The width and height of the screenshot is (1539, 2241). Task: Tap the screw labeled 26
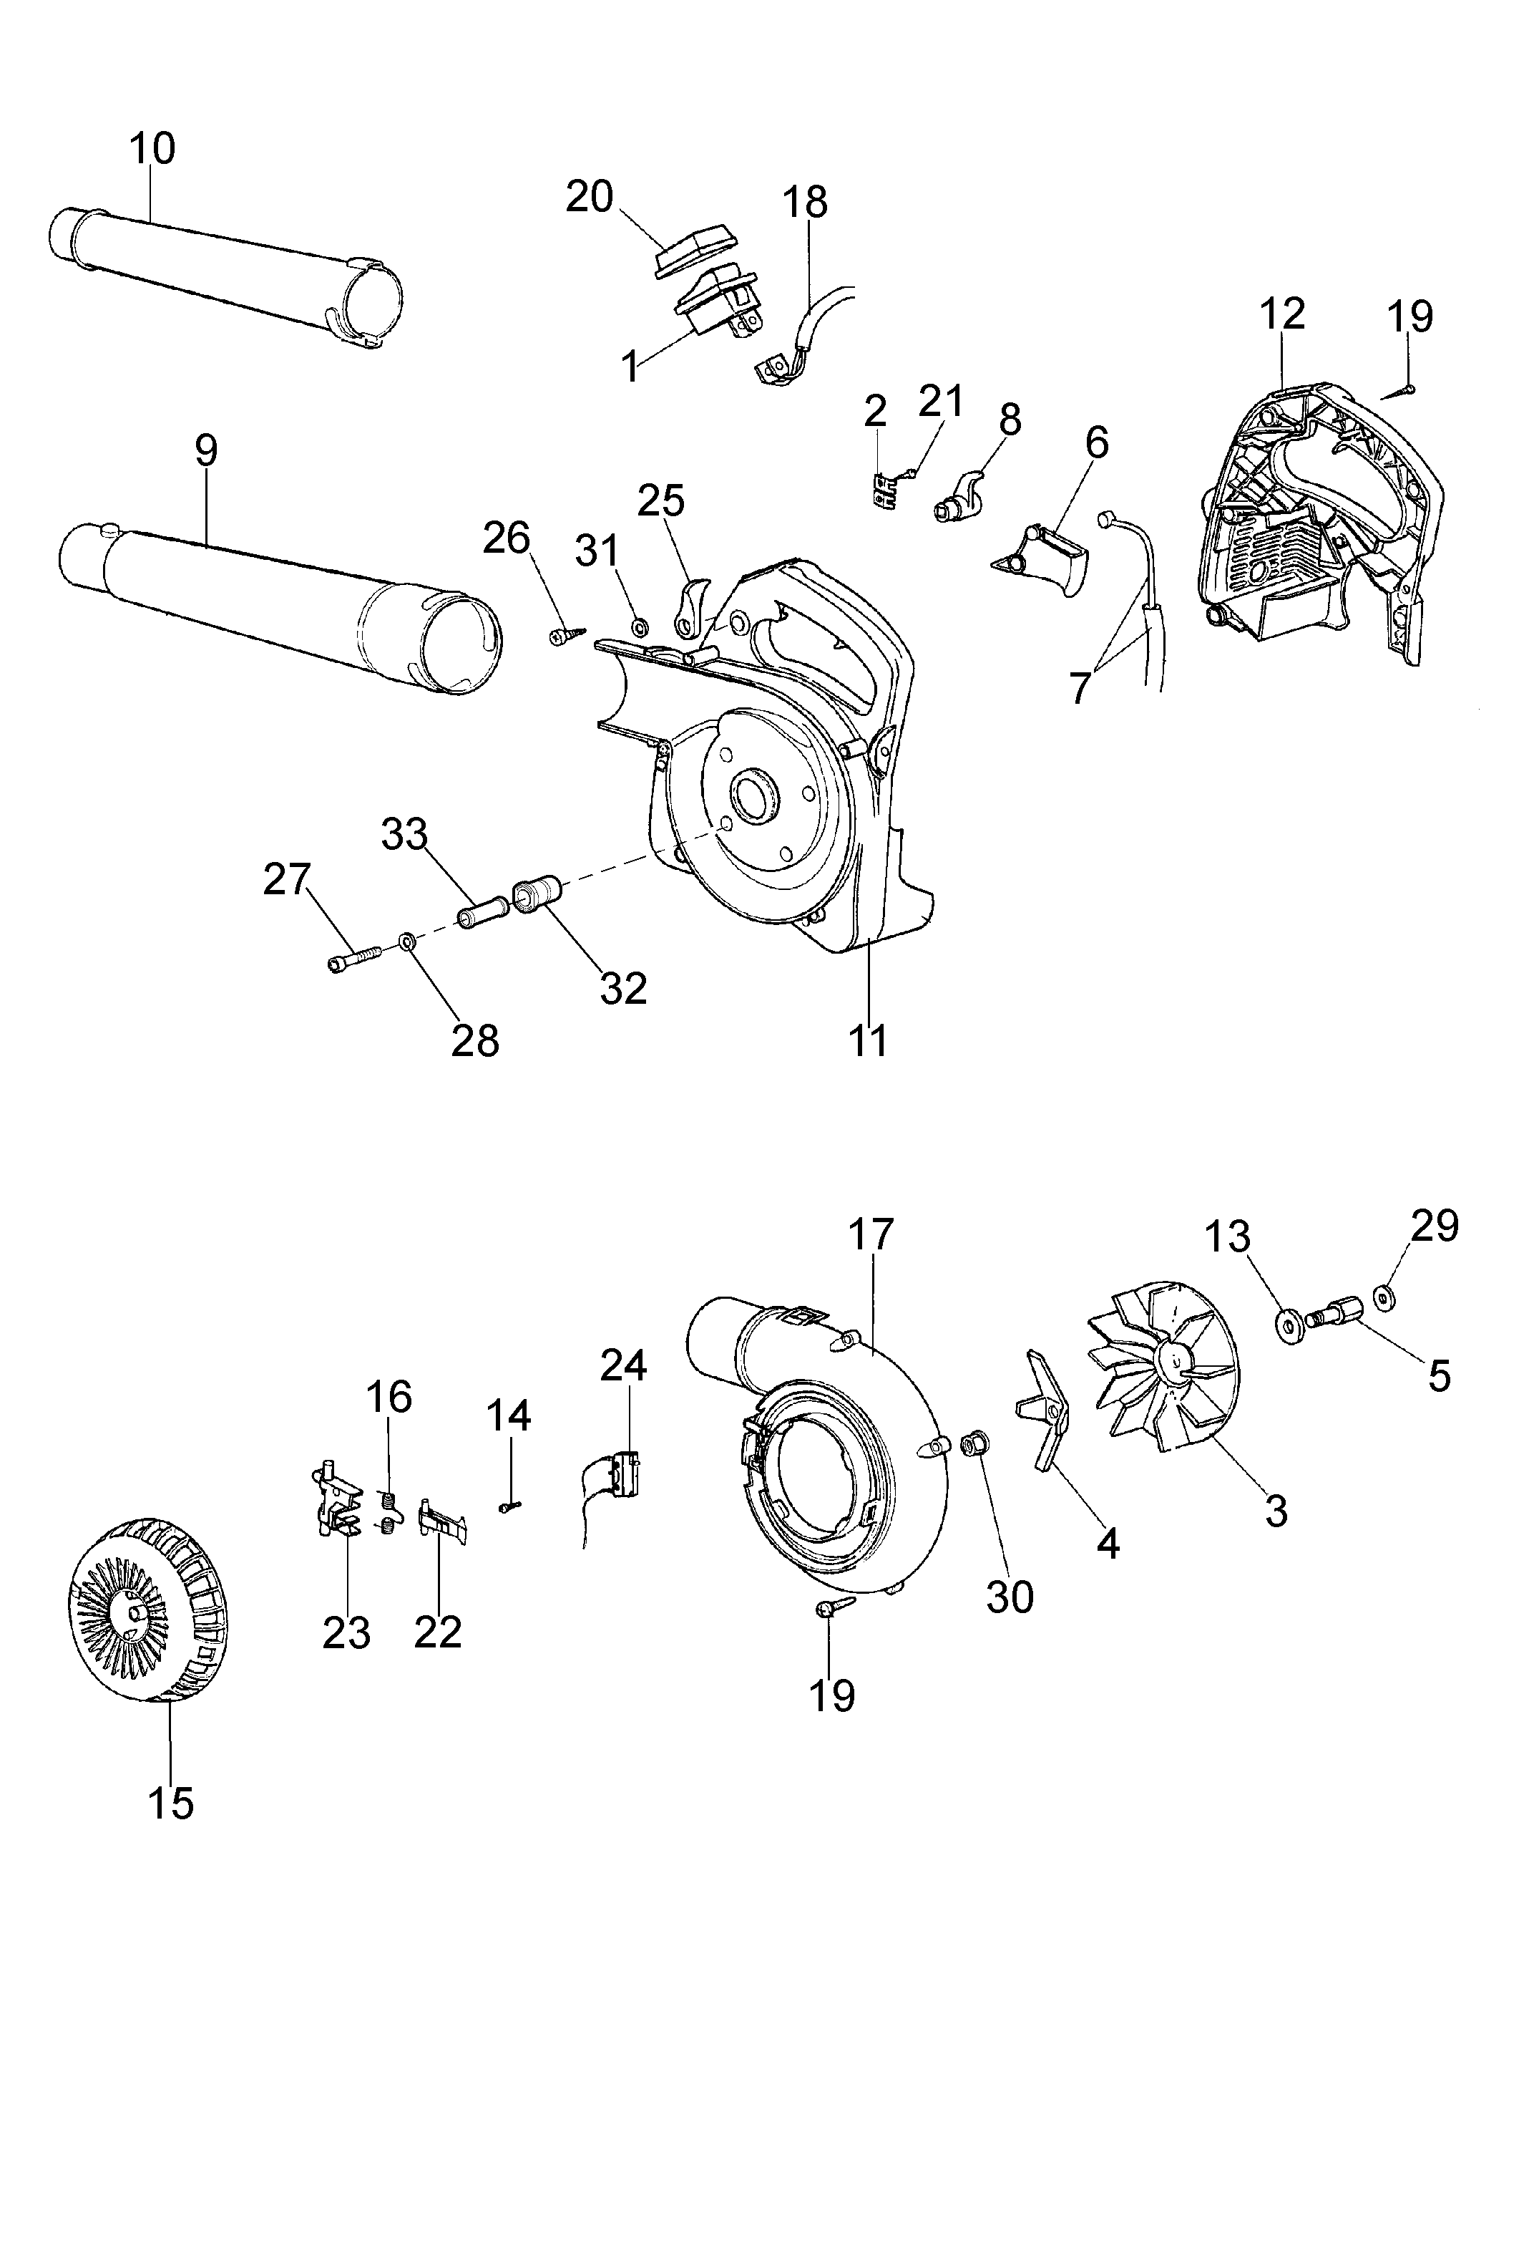564,636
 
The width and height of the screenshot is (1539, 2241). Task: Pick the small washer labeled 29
1387,1300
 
